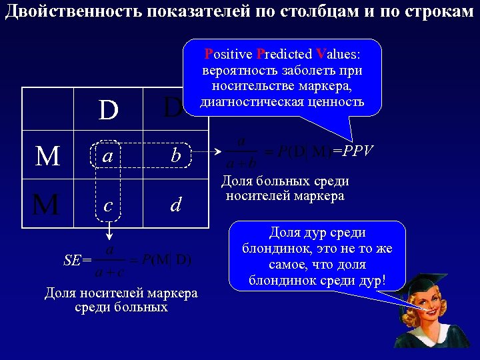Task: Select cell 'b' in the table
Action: [x=175, y=156]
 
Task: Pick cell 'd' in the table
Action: [x=175, y=205]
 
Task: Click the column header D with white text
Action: [x=108, y=110]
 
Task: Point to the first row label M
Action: [x=47, y=157]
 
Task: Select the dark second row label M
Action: [x=46, y=205]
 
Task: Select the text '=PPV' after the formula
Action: [x=354, y=151]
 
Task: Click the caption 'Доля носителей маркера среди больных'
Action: [x=121, y=300]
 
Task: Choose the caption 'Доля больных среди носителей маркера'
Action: [x=285, y=188]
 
